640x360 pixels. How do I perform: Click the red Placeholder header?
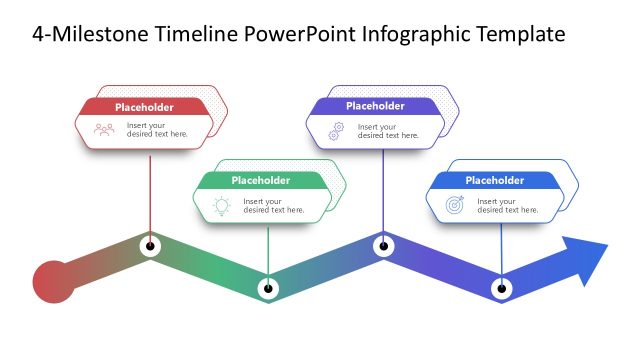pyautogui.click(x=144, y=107)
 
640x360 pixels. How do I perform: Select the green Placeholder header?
pyautogui.click(x=260, y=180)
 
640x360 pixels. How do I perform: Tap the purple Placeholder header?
pyautogui.click(x=375, y=106)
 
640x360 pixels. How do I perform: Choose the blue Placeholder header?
pyautogui.click(x=494, y=180)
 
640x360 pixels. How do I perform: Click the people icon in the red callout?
pyautogui.click(x=104, y=130)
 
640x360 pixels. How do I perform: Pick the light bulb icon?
pyautogui.click(x=220, y=205)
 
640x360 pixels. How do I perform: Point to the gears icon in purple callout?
pyautogui.click(x=336, y=130)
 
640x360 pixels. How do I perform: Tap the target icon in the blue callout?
pyautogui.click(x=454, y=205)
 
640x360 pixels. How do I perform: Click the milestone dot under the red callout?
pyautogui.click(x=150, y=245)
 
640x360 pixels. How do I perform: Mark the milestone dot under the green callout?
pyautogui.click(x=267, y=289)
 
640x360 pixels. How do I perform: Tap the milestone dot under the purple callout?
pyautogui.click(x=382, y=245)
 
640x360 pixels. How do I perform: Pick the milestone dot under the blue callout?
pyautogui.click(x=501, y=289)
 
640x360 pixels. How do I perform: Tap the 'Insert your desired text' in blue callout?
pyautogui.click(x=507, y=206)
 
